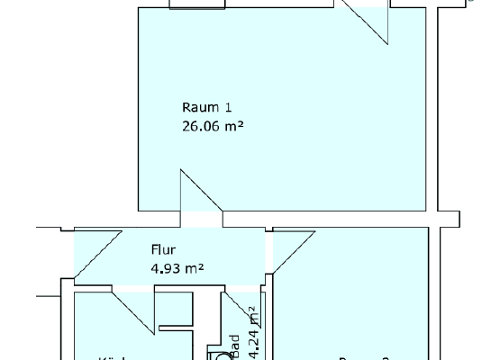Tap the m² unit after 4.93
[194, 267]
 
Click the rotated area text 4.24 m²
[254, 328]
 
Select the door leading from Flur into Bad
[238, 306]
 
